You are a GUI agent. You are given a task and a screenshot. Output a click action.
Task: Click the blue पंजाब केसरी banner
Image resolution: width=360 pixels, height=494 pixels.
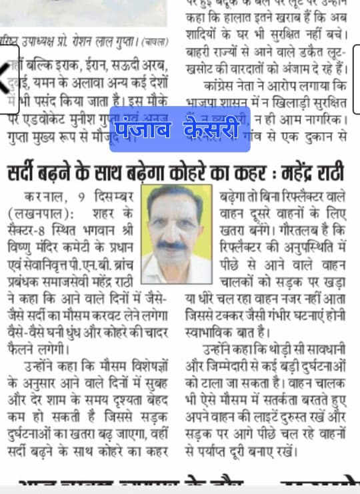[x=179, y=129]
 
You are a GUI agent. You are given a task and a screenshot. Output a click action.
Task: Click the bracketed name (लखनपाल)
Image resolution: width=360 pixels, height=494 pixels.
[x=40, y=214]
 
